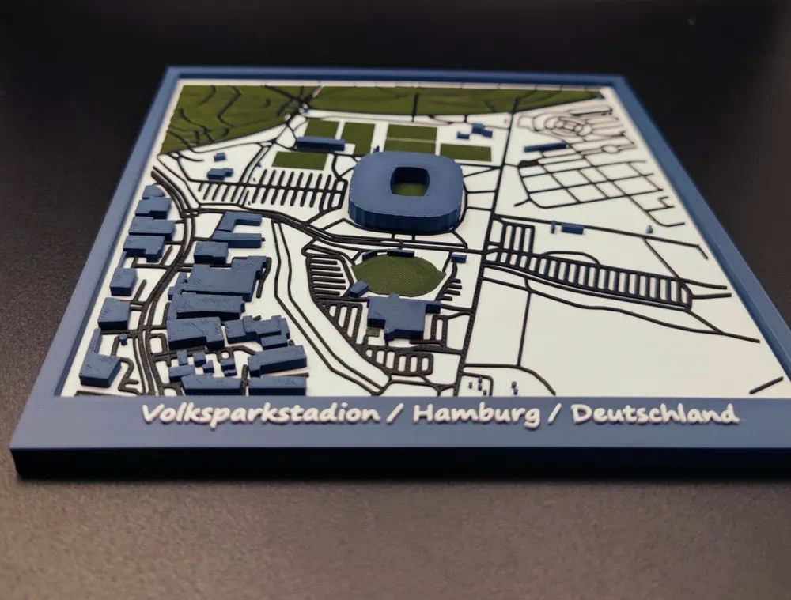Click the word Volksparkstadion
260,414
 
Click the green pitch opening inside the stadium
410,184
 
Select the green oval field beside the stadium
398,273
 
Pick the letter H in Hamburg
422,413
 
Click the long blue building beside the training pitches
320,144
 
